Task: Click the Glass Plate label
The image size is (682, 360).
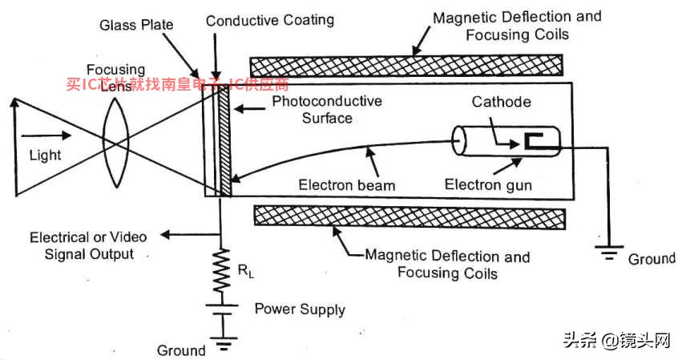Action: (x=136, y=25)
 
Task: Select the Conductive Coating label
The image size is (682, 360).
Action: (x=269, y=21)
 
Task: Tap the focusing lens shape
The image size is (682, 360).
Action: (x=115, y=143)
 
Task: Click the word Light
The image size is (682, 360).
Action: (x=45, y=156)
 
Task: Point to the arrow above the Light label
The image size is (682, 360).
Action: (x=46, y=136)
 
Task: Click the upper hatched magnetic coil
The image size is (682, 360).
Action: (x=406, y=66)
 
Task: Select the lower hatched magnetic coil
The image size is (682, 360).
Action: (x=410, y=217)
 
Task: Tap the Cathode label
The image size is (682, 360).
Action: (x=502, y=102)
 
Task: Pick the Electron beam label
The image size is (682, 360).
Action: (x=347, y=185)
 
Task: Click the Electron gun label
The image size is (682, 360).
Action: (x=488, y=184)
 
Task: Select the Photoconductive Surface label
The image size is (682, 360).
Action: (x=327, y=110)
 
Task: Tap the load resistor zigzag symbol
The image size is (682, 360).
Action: (x=221, y=270)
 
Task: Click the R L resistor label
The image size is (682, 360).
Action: (x=246, y=271)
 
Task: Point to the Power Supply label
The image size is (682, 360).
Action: (x=300, y=309)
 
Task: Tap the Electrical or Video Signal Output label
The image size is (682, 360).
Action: (x=89, y=245)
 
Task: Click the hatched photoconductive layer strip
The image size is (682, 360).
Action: (x=224, y=141)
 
